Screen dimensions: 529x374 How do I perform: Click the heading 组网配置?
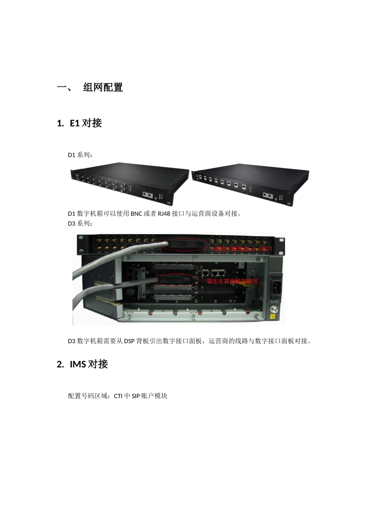[x=103, y=87]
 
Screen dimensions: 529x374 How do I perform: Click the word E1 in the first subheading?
[x=74, y=123]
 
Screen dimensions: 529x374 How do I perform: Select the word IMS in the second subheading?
[x=78, y=364]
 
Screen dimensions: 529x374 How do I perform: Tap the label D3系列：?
[x=81, y=224]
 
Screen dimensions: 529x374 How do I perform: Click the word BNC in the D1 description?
[x=137, y=214]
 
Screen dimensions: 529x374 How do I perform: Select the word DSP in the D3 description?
[x=130, y=341]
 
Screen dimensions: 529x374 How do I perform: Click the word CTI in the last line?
[x=118, y=396]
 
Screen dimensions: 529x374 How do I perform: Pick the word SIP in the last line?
[x=136, y=396]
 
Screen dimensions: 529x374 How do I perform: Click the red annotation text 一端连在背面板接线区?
[x=230, y=282]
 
